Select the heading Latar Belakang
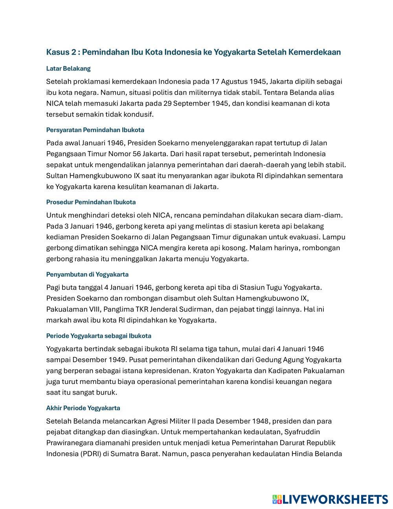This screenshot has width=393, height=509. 68,68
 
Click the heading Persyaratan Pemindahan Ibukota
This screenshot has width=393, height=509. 95,130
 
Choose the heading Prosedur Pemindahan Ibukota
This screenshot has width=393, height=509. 91,202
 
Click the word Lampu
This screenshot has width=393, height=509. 334,237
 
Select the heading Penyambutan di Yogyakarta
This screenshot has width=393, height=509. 87,274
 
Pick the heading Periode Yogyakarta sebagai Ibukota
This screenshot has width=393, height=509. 99,336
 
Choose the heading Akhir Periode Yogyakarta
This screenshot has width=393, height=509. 83,408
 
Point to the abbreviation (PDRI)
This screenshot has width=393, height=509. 88,454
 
